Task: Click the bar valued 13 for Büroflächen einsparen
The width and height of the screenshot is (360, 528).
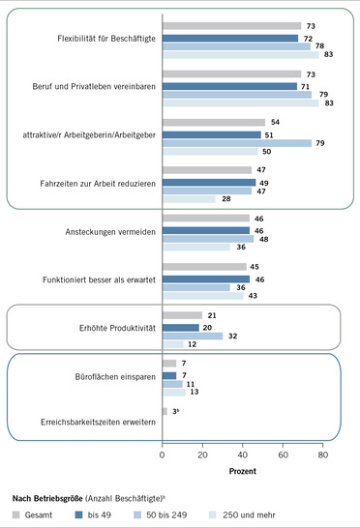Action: (174, 393)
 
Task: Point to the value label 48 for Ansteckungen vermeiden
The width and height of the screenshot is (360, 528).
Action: (267, 239)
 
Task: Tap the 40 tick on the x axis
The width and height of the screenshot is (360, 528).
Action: (242, 455)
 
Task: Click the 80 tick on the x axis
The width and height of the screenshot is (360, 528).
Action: (322, 455)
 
